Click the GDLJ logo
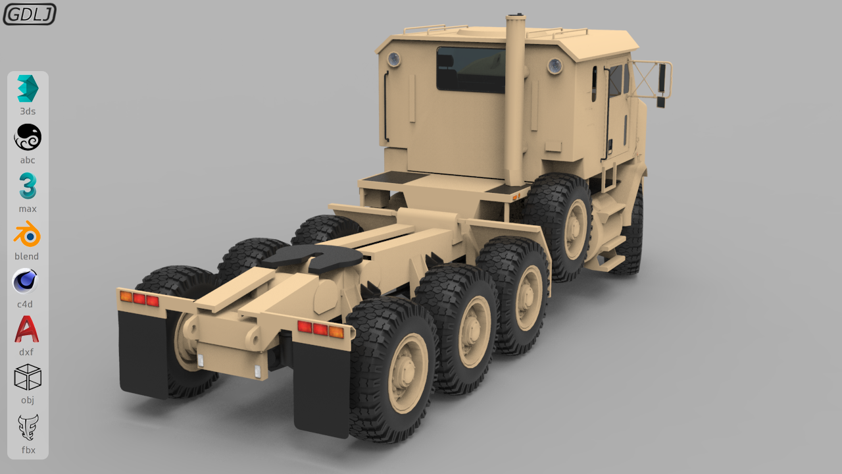[x=30, y=14]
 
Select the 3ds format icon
[x=28, y=89]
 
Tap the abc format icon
[x=28, y=137]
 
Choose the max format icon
[x=28, y=186]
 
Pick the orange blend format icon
[x=28, y=234]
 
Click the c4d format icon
[x=26, y=282]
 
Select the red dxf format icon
[x=27, y=329]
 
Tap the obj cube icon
[x=28, y=377]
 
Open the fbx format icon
[x=28, y=427]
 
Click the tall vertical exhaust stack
[x=515, y=99]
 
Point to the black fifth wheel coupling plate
[x=312, y=258]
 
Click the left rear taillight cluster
[x=139, y=298]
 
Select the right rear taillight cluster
[x=320, y=329]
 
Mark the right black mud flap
[x=321, y=388]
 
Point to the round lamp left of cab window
[x=393, y=59]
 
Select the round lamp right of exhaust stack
[x=555, y=66]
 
